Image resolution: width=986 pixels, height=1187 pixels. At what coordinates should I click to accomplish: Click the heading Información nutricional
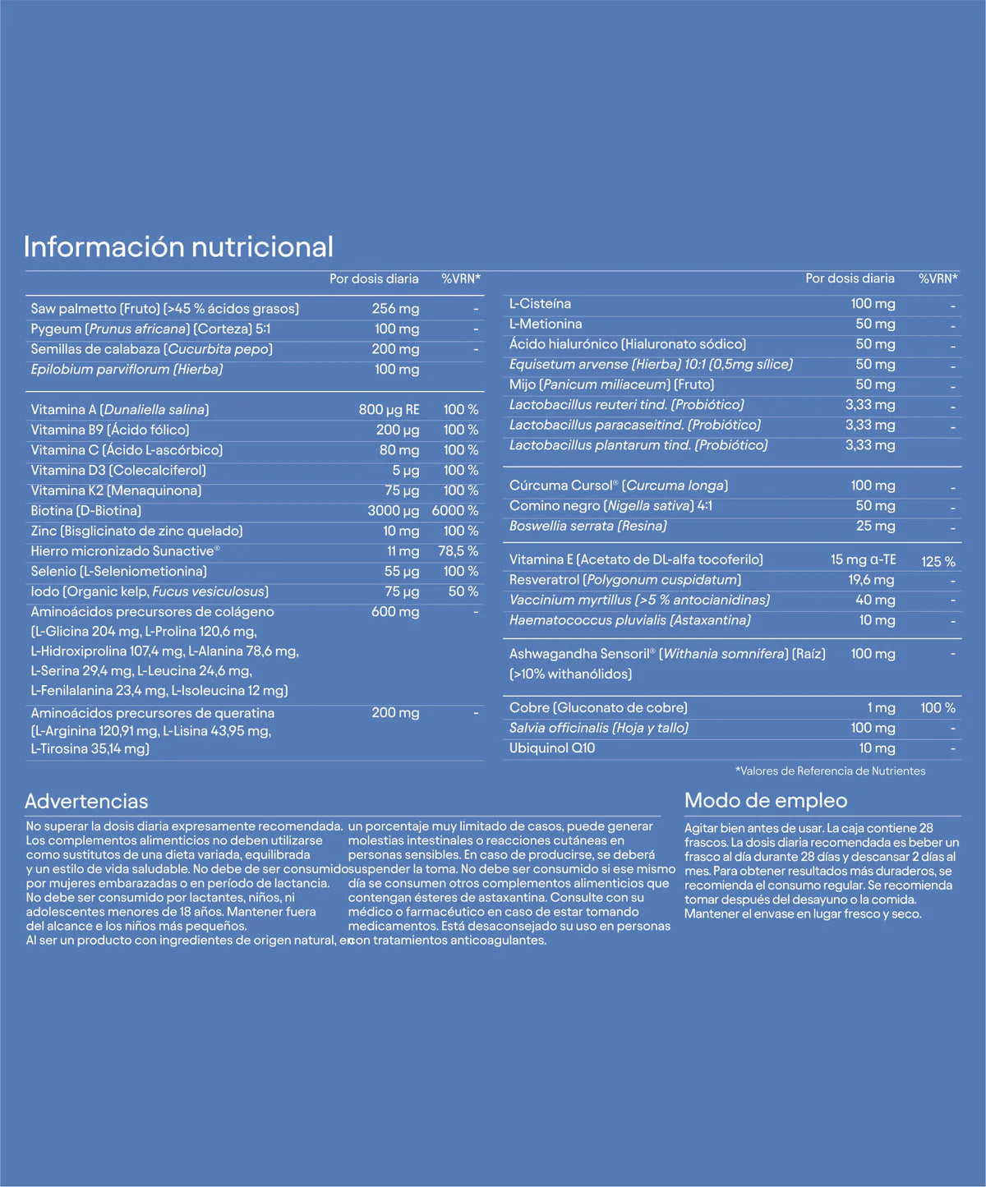[178, 246]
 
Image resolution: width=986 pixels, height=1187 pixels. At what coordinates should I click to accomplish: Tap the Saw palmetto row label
[164, 309]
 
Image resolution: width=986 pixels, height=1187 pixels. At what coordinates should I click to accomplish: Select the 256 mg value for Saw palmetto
[395, 309]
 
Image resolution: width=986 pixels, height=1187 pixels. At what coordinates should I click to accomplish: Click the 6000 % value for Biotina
[455, 511]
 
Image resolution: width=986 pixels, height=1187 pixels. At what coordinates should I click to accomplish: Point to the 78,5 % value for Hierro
[458, 551]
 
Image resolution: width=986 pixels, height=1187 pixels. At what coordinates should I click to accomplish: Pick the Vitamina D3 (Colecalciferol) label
[118, 471]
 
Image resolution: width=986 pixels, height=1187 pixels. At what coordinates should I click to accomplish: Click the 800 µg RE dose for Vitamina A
[389, 410]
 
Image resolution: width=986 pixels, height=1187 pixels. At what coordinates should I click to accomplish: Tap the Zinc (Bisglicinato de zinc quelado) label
[136, 531]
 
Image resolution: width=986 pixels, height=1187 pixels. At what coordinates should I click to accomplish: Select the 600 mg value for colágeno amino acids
[395, 612]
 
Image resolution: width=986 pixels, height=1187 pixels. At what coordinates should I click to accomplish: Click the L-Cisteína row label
[540, 304]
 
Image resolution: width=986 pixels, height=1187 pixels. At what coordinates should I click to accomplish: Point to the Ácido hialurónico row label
[627, 344]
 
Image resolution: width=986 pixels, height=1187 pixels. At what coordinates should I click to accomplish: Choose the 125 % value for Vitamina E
[938, 562]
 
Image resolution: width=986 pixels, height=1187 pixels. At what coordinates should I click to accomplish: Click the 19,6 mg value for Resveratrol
[871, 580]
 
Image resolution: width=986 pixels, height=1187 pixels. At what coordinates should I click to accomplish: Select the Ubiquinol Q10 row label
[551, 748]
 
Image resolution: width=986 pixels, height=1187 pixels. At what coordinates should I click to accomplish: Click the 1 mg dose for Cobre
[881, 708]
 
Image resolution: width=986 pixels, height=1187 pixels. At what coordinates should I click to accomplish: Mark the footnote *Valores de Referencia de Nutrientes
[830, 771]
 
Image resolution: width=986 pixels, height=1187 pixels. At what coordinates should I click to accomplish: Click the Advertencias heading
[86, 802]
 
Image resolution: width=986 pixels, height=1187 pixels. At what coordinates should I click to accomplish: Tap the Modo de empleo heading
[765, 801]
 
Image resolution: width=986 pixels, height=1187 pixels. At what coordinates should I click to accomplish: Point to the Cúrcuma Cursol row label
[618, 485]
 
